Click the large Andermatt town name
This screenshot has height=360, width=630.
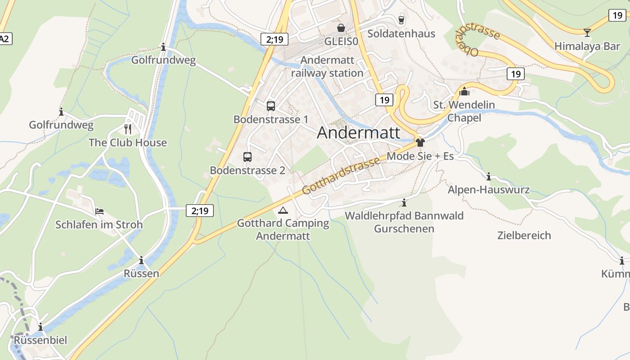point(359,133)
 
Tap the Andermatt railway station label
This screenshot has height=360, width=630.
point(327,67)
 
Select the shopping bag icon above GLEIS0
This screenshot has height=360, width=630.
point(341,28)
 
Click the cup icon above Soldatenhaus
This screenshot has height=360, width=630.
point(401,20)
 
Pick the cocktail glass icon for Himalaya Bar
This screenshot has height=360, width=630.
point(587,32)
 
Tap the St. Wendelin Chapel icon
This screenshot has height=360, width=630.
point(464,92)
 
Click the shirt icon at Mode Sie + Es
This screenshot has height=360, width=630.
point(420,143)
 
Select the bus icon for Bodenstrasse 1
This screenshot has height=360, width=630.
point(270,106)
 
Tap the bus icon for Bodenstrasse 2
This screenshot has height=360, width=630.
point(247,157)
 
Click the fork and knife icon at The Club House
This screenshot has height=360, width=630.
point(128,129)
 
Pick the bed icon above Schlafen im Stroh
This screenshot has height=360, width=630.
point(99,211)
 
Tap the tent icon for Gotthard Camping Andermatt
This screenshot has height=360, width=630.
point(283,210)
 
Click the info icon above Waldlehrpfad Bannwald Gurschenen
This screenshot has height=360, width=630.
point(404,202)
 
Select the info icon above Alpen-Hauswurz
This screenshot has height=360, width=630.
point(489,176)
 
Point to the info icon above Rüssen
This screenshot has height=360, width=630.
point(141,260)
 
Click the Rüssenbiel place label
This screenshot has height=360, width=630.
point(40,340)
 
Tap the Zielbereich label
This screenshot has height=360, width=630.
point(524,235)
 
